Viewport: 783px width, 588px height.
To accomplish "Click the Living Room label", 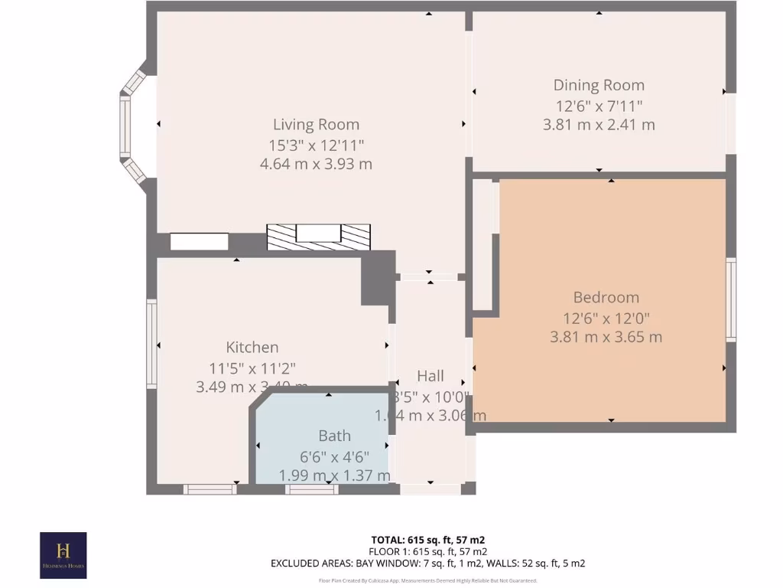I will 316,124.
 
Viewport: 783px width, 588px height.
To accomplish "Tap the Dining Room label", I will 599,85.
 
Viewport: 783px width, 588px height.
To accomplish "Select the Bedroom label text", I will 606,297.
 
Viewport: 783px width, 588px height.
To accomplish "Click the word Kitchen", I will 252,347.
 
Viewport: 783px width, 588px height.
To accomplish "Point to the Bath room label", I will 334,436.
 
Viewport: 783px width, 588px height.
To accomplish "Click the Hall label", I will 430,376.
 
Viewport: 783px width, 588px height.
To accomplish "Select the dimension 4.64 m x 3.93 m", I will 316,164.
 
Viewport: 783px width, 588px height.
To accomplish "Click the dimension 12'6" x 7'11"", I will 599,105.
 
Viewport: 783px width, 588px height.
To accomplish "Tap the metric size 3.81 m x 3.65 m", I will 606,337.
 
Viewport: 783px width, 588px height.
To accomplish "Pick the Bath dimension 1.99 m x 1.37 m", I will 334,475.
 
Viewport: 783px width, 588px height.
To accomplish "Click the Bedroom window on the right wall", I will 731,299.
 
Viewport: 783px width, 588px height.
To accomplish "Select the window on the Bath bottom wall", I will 311,489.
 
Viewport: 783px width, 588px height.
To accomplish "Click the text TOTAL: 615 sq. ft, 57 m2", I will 427,540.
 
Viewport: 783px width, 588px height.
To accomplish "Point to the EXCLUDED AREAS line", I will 427,563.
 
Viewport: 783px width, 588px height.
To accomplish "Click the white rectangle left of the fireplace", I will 199,242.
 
